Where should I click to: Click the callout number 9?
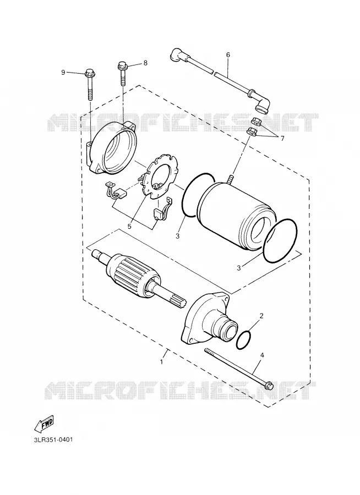coord(63,73)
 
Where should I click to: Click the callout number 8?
coord(145,63)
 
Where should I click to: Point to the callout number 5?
coord(129,226)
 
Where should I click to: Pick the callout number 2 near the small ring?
coord(261,315)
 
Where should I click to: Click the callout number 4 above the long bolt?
coord(262,355)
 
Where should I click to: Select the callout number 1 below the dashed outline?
coord(161,362)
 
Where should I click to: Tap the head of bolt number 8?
coord(122,65)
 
